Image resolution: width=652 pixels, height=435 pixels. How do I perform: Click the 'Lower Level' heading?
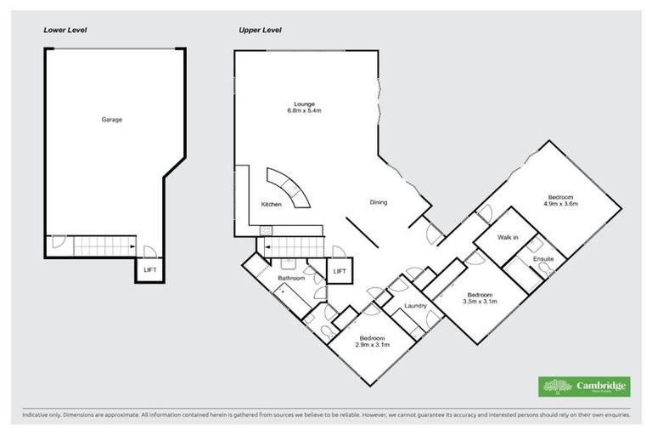[65, 30]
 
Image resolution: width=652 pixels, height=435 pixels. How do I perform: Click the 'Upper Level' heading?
[260, 30]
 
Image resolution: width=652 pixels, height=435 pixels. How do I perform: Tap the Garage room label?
[112, 120]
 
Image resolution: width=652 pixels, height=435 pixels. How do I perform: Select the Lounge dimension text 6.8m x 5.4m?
[304, 110]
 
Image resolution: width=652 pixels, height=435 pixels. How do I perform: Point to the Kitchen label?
[271, 205]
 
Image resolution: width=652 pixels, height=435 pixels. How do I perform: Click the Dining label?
[379, 202]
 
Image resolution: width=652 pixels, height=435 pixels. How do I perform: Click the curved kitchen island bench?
[289, 189]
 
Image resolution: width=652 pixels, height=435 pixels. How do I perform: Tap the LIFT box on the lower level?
[149, 271]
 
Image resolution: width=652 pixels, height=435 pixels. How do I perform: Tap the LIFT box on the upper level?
[340, 271]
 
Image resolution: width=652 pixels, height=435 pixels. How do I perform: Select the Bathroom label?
[291, 279]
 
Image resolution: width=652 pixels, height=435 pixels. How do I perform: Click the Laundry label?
[415, 305]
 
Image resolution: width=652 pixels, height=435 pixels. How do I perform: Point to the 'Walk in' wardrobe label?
[508, 238]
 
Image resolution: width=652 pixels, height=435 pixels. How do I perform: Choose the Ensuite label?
[543, 258]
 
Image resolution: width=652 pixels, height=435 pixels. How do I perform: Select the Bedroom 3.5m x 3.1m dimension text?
[480, 301]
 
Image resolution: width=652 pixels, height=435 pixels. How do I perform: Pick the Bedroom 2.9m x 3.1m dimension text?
[372, 344]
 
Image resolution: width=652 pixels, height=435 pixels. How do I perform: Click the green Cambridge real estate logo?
[585, 386]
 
